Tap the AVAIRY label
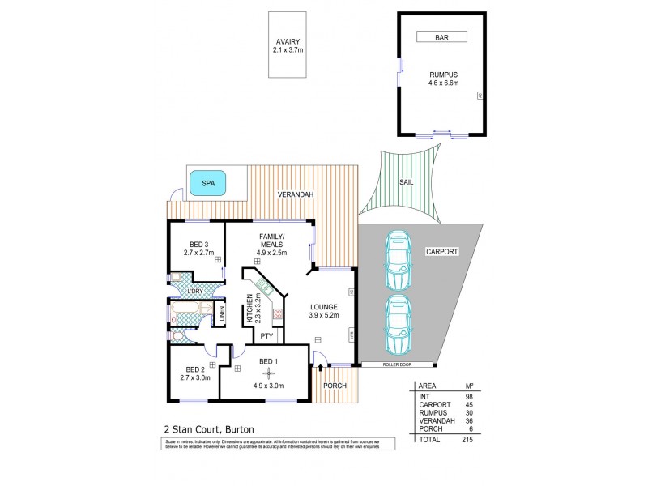pyautogui.click(x=288, y=45)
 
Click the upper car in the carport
pyautogui.click(x=400, y=260)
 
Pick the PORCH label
pyautogui.click(x=335, y=386)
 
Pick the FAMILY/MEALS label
pyautogui.click(x=270, y=241)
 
